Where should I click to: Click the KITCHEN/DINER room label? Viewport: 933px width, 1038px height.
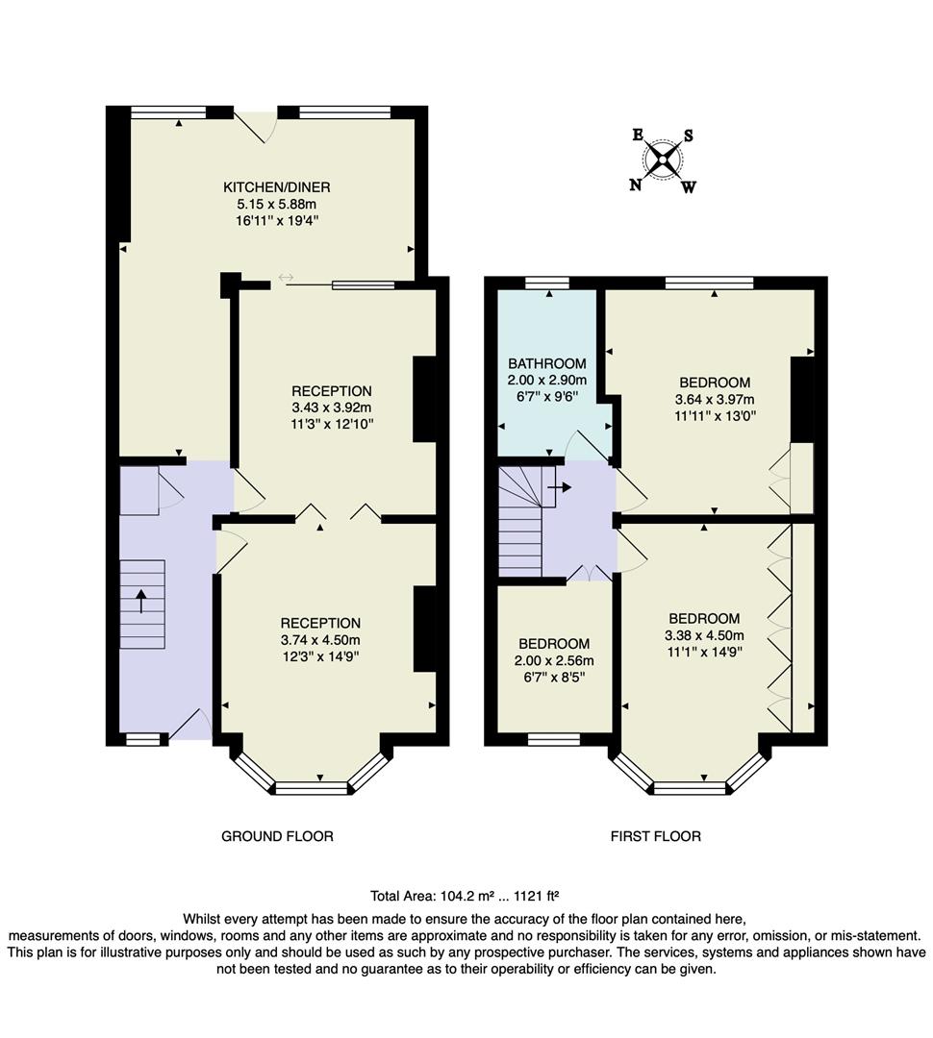click(x=277, y=186)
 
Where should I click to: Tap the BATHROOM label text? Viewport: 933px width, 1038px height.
click(x=546, y=363)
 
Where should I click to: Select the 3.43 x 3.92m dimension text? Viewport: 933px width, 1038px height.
click(x=331, y=408)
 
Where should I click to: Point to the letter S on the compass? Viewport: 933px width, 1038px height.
click(x=688, y=136)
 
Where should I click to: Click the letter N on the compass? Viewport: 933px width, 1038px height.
click(x=635, y=185)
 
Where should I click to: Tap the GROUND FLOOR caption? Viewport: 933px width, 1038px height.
click(x=277, y=836)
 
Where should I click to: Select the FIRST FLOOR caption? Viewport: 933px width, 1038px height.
click(x=655, y=836)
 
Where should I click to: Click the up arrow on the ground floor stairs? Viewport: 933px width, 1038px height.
click(x=141, y=601)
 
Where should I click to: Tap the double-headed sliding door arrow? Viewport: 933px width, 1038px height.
click(x=285, y=279)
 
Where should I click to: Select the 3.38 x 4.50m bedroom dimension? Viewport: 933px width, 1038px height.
click(x=703, y=635)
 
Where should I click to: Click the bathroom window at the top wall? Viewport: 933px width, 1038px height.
click(x=546, y=282)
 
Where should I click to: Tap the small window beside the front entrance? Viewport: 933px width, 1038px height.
click(x=142, y=739)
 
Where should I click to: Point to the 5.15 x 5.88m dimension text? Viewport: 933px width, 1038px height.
click(x=277, y=204)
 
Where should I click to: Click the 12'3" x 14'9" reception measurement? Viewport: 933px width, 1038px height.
click(x=320, y=656)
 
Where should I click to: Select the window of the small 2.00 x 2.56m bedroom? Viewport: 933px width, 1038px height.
click(x=553, y=739)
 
